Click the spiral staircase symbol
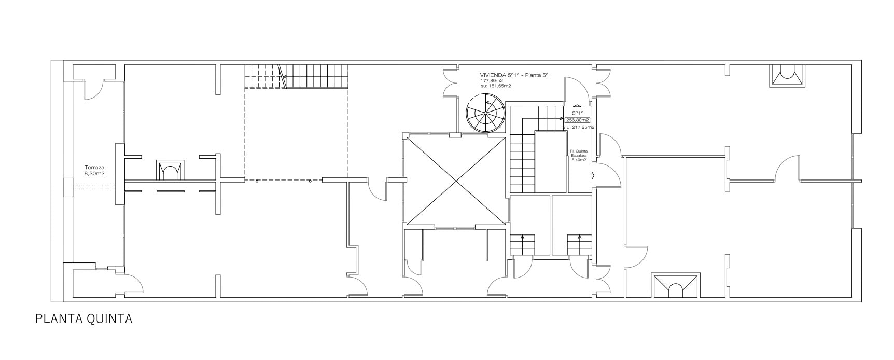click(485, 113)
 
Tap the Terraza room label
click(94, 168)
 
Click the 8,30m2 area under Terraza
click(94, 174)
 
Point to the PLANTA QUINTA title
click(84, 319)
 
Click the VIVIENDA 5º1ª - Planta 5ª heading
click(514, 75)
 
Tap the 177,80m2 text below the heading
click(492, 81)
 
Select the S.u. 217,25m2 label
click(578, 127)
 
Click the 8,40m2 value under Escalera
click(579, 160)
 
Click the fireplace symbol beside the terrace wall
click(170, 170)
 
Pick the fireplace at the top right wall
click(787, 74)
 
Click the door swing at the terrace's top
click(94, 89)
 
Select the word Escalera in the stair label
click(579, 155)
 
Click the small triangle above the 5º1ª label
click(577, 105)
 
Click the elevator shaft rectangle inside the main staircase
click(551, 162)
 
